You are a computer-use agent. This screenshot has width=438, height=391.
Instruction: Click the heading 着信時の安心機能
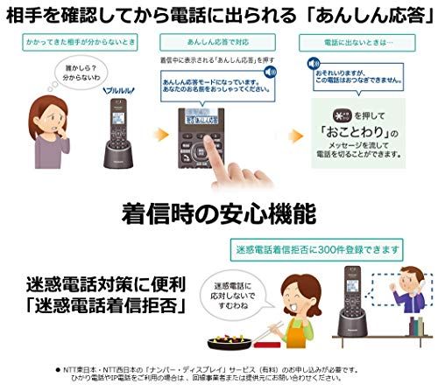pyautogui.click(x=219, y=213)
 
